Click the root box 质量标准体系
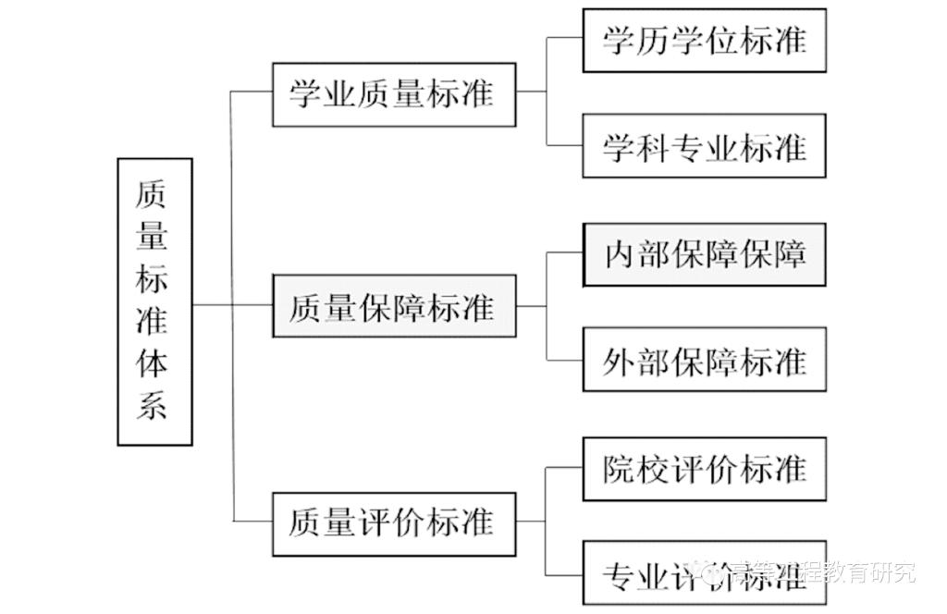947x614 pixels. [155, 301]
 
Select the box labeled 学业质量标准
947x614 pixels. [394, 94]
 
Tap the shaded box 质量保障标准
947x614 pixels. [394, 306]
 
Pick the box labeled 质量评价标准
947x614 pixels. [394, 523]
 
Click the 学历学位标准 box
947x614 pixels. [704, 41]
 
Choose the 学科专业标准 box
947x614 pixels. [704, 146]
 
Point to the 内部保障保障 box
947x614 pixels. [704, 254]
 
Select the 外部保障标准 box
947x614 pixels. [704, 360]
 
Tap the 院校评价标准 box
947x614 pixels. [704, 469]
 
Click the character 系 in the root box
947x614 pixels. [153, 405]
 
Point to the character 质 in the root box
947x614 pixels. [153, 193]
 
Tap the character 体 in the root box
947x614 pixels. [153, 362]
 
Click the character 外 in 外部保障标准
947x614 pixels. [621, 361]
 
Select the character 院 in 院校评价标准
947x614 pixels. [621, 469]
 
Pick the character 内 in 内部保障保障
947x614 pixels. [621, 254]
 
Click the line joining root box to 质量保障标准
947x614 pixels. [231, 306]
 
